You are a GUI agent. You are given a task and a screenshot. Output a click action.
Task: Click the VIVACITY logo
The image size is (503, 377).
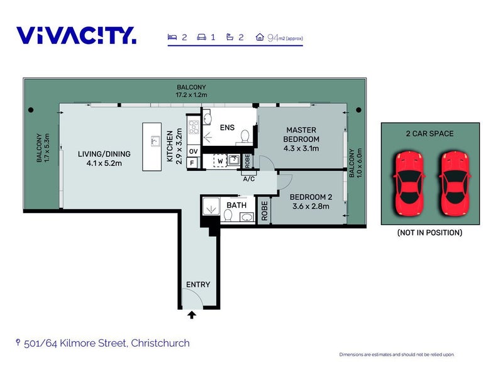76,35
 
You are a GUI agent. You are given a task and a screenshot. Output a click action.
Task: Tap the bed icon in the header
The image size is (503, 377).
172,37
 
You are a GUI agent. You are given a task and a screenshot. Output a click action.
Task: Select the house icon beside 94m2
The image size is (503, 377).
260,37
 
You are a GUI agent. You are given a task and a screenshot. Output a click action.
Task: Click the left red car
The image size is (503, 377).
409,183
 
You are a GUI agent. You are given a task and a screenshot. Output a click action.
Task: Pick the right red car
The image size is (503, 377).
455,183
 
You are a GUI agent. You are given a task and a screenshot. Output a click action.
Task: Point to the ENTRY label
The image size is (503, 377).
198,285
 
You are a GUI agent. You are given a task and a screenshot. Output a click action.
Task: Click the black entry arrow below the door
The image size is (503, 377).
192,315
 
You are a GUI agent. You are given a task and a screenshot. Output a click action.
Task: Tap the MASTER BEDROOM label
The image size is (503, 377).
301,134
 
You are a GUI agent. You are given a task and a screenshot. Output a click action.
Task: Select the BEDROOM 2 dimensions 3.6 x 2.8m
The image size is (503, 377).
311,206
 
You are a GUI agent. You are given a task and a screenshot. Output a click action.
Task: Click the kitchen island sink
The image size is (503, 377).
155,141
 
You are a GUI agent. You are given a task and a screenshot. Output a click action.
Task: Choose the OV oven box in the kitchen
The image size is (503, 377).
194,151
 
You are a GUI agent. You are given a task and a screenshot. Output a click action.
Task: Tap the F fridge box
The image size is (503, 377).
192,163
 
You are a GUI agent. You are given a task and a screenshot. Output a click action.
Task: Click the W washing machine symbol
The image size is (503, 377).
221,161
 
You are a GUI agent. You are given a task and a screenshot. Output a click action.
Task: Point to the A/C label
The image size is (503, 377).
249,179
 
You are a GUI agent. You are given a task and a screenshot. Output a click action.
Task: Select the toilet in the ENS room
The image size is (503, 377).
245,136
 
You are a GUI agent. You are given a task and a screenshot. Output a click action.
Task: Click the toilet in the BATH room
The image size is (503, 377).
228,215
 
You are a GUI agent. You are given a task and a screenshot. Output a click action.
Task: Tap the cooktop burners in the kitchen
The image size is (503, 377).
194,127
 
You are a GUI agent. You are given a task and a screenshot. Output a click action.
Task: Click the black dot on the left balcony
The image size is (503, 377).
31,110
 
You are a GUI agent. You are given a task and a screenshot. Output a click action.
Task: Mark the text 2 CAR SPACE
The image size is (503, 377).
429,134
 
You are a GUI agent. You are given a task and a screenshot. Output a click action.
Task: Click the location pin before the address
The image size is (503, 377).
18,342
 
